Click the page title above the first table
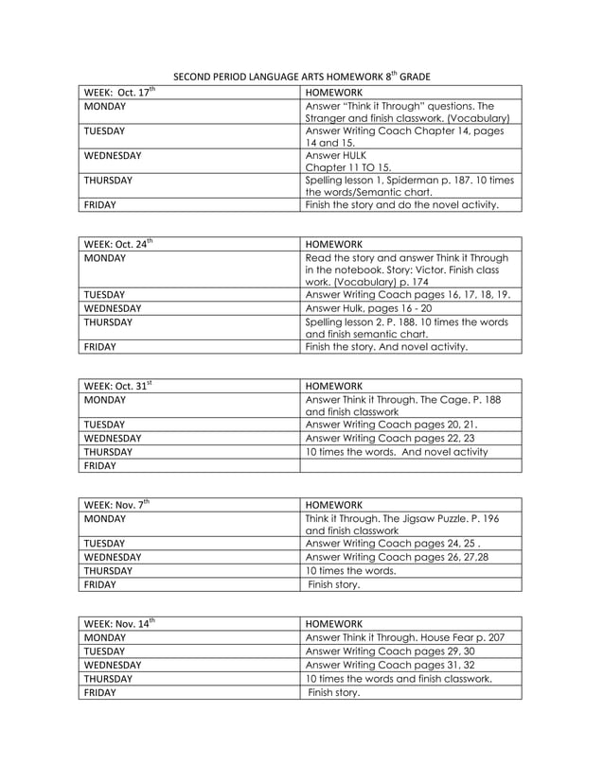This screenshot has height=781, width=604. point(301,76)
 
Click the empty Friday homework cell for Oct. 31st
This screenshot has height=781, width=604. point(410,465)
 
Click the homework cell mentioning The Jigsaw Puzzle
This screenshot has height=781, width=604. point(410,524)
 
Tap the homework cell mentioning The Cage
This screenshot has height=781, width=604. point(410,406)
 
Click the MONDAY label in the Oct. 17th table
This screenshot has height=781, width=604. point(105,107)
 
